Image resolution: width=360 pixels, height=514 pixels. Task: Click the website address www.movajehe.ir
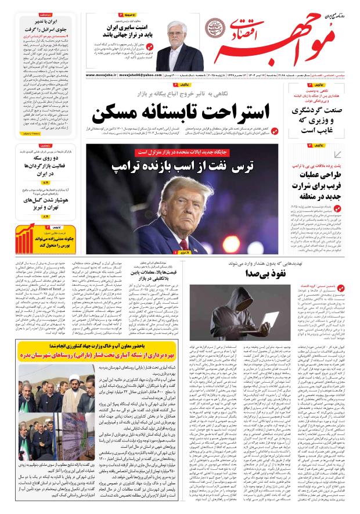point(102,75)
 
